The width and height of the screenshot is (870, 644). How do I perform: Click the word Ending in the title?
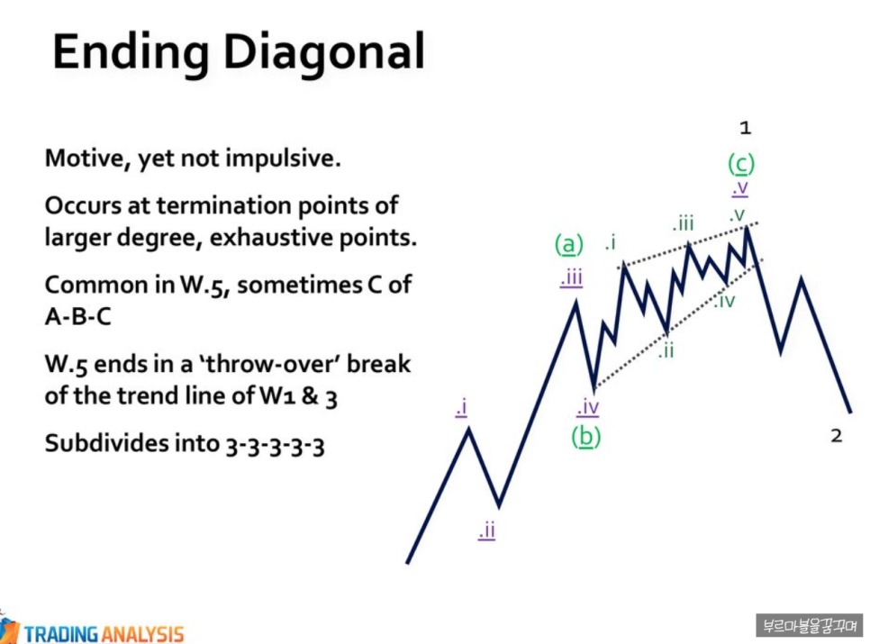pos(131,53)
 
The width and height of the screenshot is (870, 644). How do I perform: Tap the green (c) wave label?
pos(740,164)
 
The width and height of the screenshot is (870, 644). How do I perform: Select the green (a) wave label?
pos(568,243)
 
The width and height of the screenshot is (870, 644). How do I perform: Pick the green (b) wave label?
pos(585,436)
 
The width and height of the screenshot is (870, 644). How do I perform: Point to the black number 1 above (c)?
pos(745,128)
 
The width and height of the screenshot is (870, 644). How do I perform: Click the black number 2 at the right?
pos(836,436)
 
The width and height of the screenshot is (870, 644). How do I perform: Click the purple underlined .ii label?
pos(486,531)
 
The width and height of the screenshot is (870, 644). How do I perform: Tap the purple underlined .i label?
pos(461,408)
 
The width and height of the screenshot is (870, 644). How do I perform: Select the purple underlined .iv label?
pos(587,407)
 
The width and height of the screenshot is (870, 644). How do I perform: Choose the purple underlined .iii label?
pos(571,277)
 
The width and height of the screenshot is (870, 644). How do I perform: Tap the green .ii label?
pos(666,351)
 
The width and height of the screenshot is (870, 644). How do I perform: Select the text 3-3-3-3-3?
pos(275,444)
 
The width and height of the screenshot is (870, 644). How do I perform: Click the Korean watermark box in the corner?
pos(810,625)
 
